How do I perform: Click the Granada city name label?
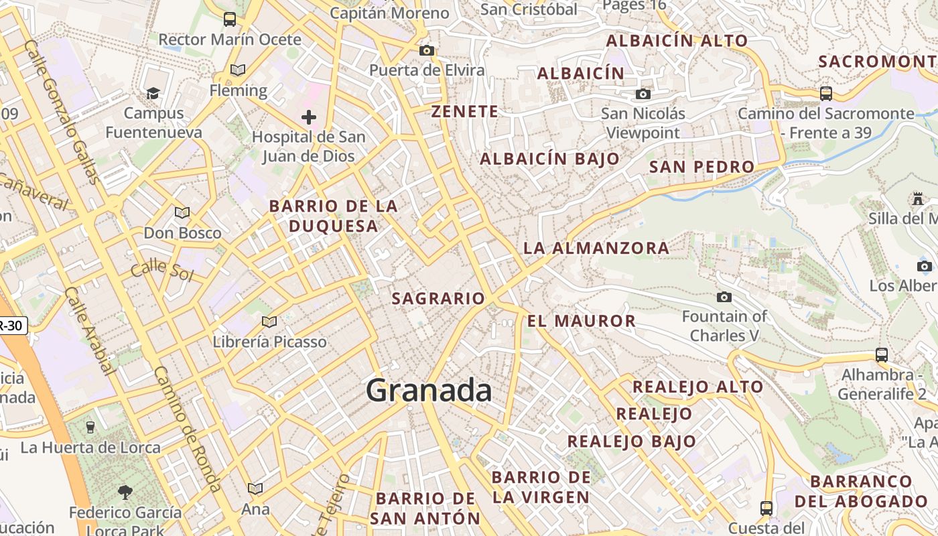429,391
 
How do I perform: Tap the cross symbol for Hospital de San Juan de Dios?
308,118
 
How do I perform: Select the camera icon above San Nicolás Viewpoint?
643,94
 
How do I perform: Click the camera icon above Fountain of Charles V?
724,297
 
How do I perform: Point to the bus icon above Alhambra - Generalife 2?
882,355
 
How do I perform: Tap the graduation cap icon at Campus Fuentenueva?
153,93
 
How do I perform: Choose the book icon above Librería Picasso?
269,322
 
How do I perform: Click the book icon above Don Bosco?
182,213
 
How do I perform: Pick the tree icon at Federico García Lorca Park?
125,492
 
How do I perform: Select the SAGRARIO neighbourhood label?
438,299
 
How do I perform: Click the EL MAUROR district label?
582,321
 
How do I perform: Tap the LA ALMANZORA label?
596,248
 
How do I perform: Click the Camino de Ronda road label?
187,429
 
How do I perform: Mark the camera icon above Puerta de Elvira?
426,50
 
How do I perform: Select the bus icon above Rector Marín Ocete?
230,19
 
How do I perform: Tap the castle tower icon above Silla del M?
917,199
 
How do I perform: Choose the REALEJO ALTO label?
697,387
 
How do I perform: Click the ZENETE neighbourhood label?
465,111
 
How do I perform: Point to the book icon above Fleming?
238,70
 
